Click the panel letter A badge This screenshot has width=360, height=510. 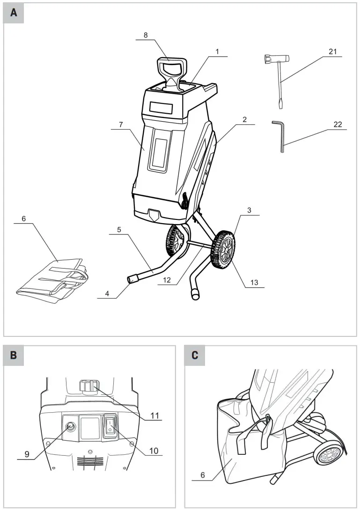pyautogui.click(x=14, y=13)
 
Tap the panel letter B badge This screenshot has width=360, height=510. pyautogui.click(x=14, y=355)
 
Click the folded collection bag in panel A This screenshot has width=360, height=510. pyautogui.click(x=51, y=280)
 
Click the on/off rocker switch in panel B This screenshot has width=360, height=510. pyautogui.click(x=110, y=426)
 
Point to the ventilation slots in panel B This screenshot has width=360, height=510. pyautogui.click(x=90, y=462)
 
